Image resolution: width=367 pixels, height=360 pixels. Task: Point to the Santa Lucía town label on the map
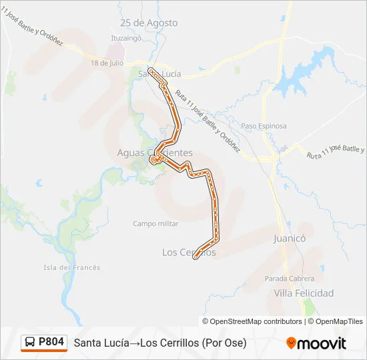(x=155, y=73)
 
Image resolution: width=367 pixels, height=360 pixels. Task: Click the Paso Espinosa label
(x=264, y=126)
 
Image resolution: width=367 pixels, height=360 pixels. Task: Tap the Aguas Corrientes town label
(x=155, y=153)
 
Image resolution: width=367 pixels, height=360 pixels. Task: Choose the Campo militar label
(x=155, y=224)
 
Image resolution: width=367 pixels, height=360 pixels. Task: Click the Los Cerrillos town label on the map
(x=189, y=252)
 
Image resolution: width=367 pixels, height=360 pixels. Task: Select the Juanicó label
(x=289, y=237)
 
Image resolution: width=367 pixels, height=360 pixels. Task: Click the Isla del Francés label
(x=72, y=267)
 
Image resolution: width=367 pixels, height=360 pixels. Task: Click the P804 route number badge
(x=51, y=342)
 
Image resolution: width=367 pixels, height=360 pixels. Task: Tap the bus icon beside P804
(x=31, y=342)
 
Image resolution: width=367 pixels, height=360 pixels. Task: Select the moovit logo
(x=316, y=343)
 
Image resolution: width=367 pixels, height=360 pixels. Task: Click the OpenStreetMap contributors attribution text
(x=256, y=321)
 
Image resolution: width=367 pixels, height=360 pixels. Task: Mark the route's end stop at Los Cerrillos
(x=196, y=257)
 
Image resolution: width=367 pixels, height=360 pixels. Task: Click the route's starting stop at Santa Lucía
(x=151, y=69)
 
